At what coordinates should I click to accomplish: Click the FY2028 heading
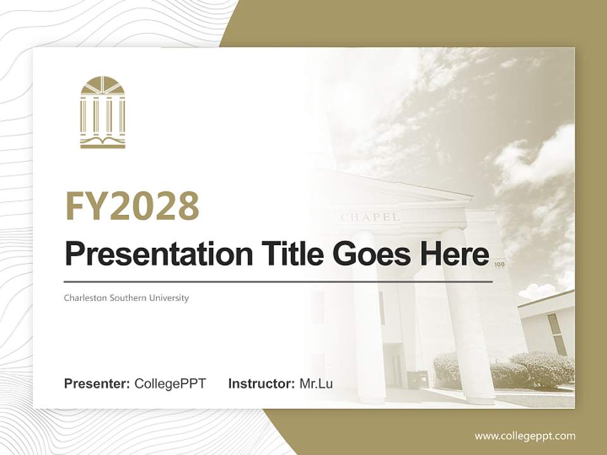click(x=132, y=206)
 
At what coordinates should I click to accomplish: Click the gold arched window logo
click(x=102, y=112)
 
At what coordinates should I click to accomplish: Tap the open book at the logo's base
click(x=102, y=141)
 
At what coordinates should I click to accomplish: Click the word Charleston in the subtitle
click(x=85, y=298)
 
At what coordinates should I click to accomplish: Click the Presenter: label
click(x=97, y=384)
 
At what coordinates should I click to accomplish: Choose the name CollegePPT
click(x=170, y=384)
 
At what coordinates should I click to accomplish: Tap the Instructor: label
click(x=262, y=384)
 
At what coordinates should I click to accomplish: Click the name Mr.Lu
click(x=316, y=384)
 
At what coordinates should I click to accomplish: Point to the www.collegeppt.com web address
click(x=525, y=435)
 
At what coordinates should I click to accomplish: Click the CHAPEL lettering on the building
click(x=370, y=217)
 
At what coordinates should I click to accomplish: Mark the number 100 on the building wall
click(x=499, y=265)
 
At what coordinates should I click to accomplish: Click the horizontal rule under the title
click(x=278, y=281)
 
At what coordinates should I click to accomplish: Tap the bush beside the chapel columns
click(x=506, y=370)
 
